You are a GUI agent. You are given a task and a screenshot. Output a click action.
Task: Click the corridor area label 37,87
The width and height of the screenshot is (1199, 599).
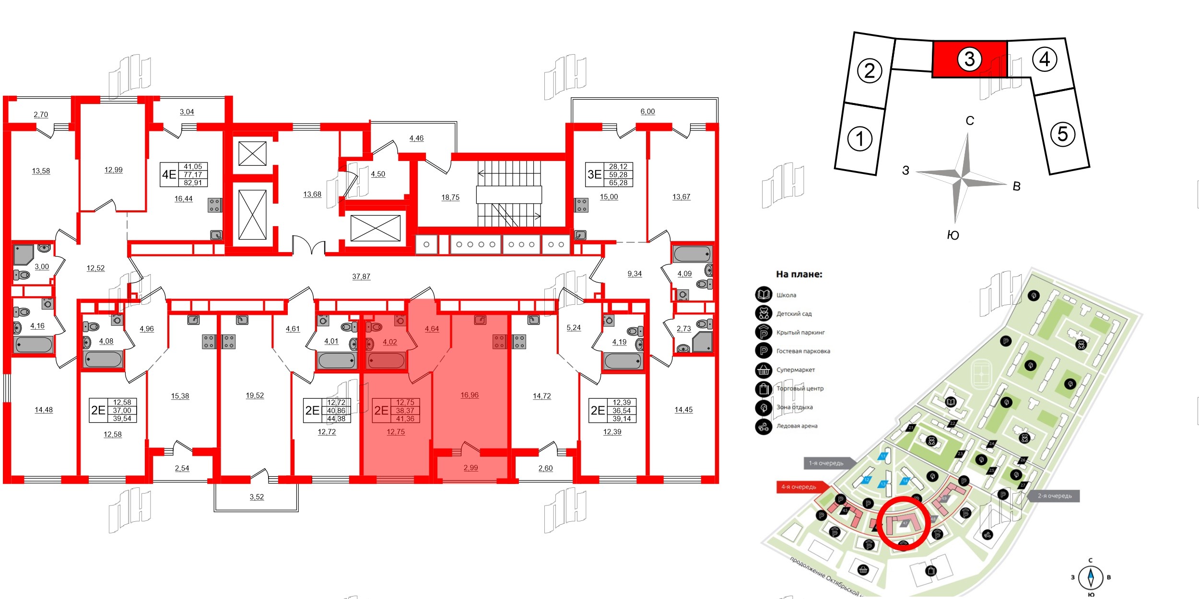(x=361, y=276)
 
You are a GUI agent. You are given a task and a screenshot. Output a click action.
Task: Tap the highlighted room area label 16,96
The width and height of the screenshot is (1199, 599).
(x=470, y=395)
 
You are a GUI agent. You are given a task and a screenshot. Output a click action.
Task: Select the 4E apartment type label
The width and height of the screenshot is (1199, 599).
(x=169, y=174)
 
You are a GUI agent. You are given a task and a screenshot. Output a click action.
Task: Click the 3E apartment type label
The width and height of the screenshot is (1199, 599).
(x=594, y=174)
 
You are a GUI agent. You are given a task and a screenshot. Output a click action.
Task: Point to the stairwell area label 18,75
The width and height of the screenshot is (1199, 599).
(x=450, y=197)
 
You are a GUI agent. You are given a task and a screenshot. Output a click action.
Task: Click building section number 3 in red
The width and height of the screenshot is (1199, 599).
(x=969, y=59)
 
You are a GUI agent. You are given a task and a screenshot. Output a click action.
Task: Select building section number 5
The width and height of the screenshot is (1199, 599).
(x=1062, y=134)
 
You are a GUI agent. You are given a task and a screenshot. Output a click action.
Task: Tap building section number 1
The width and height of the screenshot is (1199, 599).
(x=859, y=139)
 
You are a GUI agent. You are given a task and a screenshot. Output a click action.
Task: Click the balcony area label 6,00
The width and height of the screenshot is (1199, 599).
(x=647, y=111)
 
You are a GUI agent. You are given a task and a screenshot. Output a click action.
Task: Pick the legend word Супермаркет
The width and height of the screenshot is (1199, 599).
(x=796, y=370)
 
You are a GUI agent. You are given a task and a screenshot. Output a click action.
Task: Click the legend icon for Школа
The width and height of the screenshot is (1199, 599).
(x=764, y=295)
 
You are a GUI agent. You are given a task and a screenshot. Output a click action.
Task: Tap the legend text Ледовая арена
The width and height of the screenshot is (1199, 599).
(x=797, y=426)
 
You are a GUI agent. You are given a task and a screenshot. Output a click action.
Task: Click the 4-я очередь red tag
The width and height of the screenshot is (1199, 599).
(x=799, y=487)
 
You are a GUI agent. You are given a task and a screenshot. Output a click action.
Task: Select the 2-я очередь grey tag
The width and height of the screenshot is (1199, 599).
(x=1055, y=496)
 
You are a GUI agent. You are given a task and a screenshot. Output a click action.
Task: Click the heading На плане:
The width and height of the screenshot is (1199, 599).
(x=799, y=275)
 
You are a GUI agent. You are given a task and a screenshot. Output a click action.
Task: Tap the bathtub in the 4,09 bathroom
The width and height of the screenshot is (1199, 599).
(x=692, y=254)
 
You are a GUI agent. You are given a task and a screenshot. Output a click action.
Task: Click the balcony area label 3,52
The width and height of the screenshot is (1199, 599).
(x=257, y=497)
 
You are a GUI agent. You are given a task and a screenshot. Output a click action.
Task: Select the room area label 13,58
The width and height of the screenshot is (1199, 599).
(x=41, y=171)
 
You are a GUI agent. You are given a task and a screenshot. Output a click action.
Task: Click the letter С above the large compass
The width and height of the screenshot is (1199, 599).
(x=970, y=121)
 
